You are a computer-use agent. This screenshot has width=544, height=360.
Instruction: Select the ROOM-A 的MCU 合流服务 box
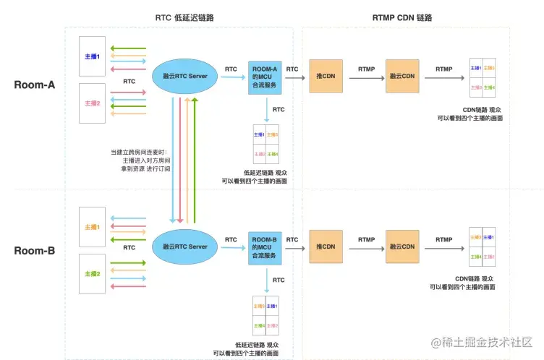tap(265, 75)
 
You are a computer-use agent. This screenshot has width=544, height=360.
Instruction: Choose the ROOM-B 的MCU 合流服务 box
tap(265, 247)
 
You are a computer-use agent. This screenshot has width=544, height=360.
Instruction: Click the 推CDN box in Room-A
tap(326, 76)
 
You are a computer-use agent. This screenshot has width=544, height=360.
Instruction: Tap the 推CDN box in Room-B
tap(326, 247)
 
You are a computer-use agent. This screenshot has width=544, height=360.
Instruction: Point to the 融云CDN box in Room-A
tap(403, 76)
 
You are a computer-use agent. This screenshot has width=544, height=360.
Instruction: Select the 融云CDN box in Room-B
tap(403, 247)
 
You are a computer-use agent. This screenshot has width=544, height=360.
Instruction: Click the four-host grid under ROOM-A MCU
tap(265, 144)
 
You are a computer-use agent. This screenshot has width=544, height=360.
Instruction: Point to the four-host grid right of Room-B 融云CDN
tap(482, 247)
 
